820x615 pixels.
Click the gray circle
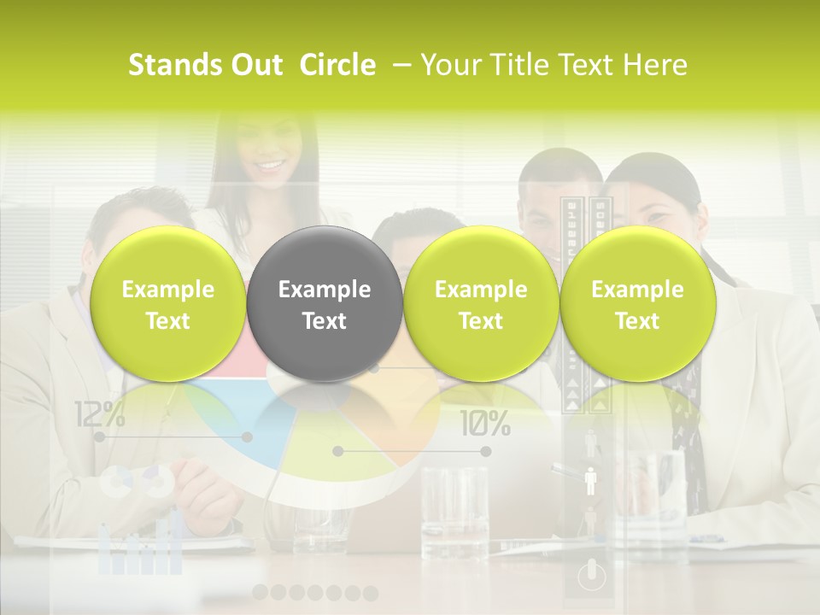(325, 304)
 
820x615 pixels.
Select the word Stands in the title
(168, 65)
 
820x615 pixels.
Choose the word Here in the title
(657, 65)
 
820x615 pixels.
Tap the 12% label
(99, 415)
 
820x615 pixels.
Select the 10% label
(485, 423)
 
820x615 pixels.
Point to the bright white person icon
(589, 480)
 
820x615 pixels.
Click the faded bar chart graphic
(141, 547)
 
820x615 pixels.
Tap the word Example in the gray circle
(325, 290)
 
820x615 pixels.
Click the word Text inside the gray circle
(325, 321)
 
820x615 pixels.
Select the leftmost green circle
(168, 304)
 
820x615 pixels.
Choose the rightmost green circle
(637, 304)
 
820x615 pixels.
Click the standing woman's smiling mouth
(272, 164)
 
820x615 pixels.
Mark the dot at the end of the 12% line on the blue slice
(247, 436)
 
